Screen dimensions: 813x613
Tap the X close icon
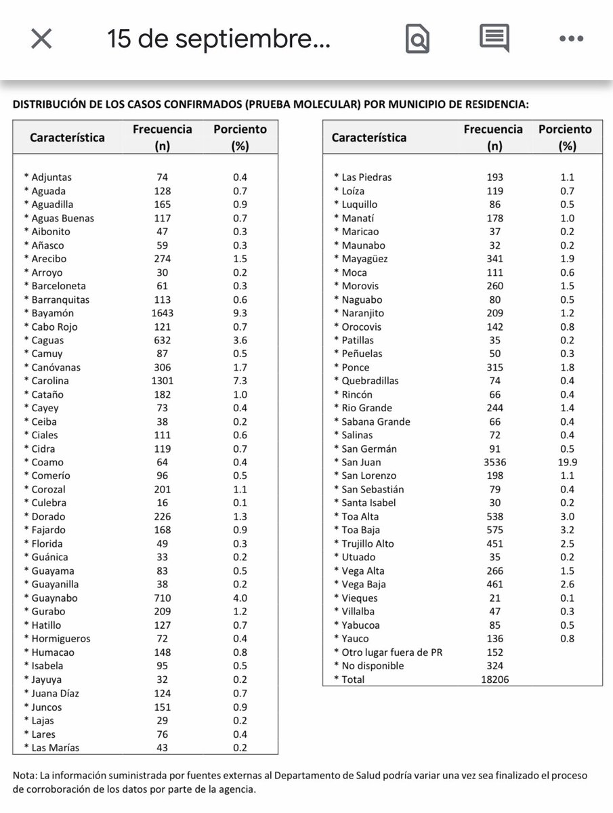click(41, 39)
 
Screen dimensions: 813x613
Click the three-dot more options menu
click(571, 39)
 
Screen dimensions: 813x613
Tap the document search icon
click(417, 39)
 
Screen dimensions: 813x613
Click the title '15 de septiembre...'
click(218, 40)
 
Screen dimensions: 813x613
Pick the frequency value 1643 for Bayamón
click(162, 313)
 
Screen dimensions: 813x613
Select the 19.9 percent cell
click(567, 462)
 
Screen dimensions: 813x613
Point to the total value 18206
click(494, 679)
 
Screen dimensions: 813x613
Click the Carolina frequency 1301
click(162, 381)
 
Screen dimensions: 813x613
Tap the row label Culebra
click(48, 503)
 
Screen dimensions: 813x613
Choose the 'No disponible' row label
click(372, 665)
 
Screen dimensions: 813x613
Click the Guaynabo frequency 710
click(162, 598)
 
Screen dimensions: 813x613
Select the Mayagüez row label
click(364, 259)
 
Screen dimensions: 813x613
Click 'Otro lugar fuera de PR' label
click(387, 652)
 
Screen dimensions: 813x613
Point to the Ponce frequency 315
click(494, 367)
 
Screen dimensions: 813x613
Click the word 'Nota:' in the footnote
click(25, 775)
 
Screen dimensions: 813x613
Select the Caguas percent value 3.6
click(240, 340)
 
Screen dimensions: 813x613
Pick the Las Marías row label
click(55, 747)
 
